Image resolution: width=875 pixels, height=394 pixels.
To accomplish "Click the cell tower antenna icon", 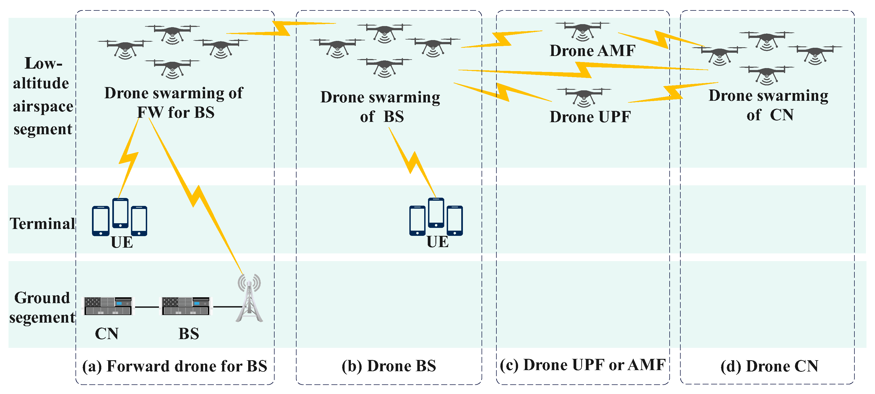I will [x=249, y=299].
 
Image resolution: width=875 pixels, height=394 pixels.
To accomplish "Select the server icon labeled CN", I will [x=108, y=306].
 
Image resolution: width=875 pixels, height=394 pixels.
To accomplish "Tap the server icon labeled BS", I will [x=186, y=306].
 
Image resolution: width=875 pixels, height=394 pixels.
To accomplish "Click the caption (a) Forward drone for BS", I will [x=175, y=366].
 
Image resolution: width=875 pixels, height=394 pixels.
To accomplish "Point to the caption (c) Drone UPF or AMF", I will [x=583, y=365].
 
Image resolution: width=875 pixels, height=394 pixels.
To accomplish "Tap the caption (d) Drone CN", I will [x=769, y=366].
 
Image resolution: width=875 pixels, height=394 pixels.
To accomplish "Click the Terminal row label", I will [x=42, y=223].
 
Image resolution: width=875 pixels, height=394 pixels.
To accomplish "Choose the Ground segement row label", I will [x=42, y=308].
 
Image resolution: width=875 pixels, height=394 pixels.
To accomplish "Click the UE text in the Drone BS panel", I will [x=438, y=242].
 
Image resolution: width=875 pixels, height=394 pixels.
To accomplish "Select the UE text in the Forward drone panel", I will [x=122, y=242].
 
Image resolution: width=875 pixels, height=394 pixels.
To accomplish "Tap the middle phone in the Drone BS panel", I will [x=436, y=213].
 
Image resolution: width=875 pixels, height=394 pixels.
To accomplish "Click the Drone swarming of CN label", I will [x=769, y=105].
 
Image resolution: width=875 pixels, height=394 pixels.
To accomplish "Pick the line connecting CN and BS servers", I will [x=147, y=307].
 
